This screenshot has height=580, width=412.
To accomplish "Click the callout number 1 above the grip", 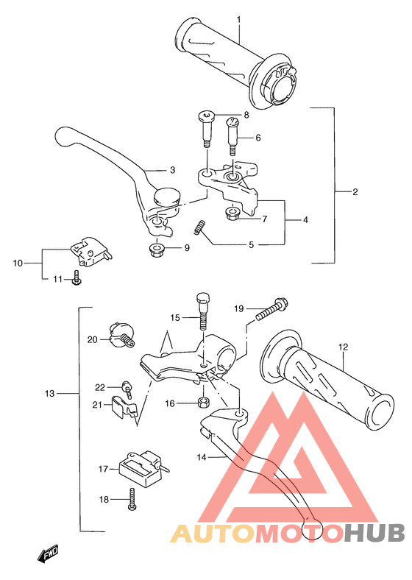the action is point(239,19).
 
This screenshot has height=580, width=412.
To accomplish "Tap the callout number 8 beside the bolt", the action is point(246,115).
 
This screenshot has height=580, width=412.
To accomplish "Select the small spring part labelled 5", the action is point(199,227).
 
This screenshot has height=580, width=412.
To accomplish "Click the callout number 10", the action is point(18,263).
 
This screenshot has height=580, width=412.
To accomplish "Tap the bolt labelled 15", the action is point(203,311).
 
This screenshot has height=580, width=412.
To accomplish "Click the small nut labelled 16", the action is point(203,402).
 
